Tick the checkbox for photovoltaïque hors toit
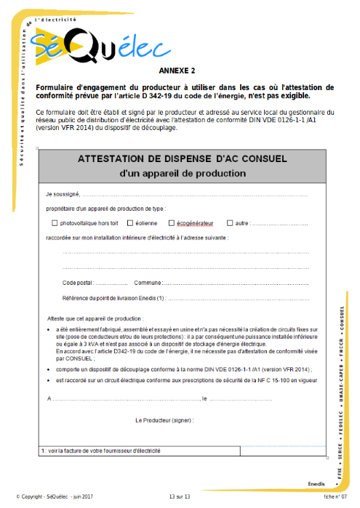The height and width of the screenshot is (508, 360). pos(55,223)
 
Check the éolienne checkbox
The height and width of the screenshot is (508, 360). pos(129,223)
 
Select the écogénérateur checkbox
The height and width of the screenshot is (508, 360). pos(171,223)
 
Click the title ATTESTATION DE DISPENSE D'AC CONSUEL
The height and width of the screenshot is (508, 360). pos(182,158)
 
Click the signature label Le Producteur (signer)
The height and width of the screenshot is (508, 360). pos(164,420)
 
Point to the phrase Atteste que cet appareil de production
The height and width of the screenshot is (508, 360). pos(95,318)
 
